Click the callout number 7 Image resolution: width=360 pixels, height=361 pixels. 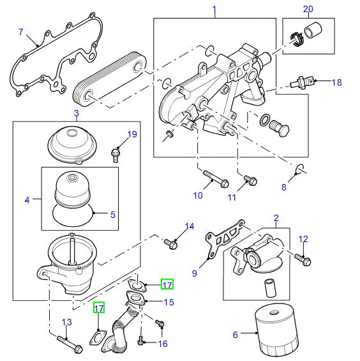[21, 32]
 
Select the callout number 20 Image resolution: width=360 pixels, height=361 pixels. [308, 9]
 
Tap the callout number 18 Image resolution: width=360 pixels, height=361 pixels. [337, 82]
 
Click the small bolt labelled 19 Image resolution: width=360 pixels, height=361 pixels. [116, 152]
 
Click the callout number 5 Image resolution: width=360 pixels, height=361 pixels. [112, 215]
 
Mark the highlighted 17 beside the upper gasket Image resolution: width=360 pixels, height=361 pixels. [167, 284]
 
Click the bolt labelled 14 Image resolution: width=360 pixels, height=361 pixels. [171, 243]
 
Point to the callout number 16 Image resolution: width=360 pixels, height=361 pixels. [163, 343]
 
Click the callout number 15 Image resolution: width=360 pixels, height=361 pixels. [169, 302]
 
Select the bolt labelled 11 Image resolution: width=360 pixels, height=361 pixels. [250, 181]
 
